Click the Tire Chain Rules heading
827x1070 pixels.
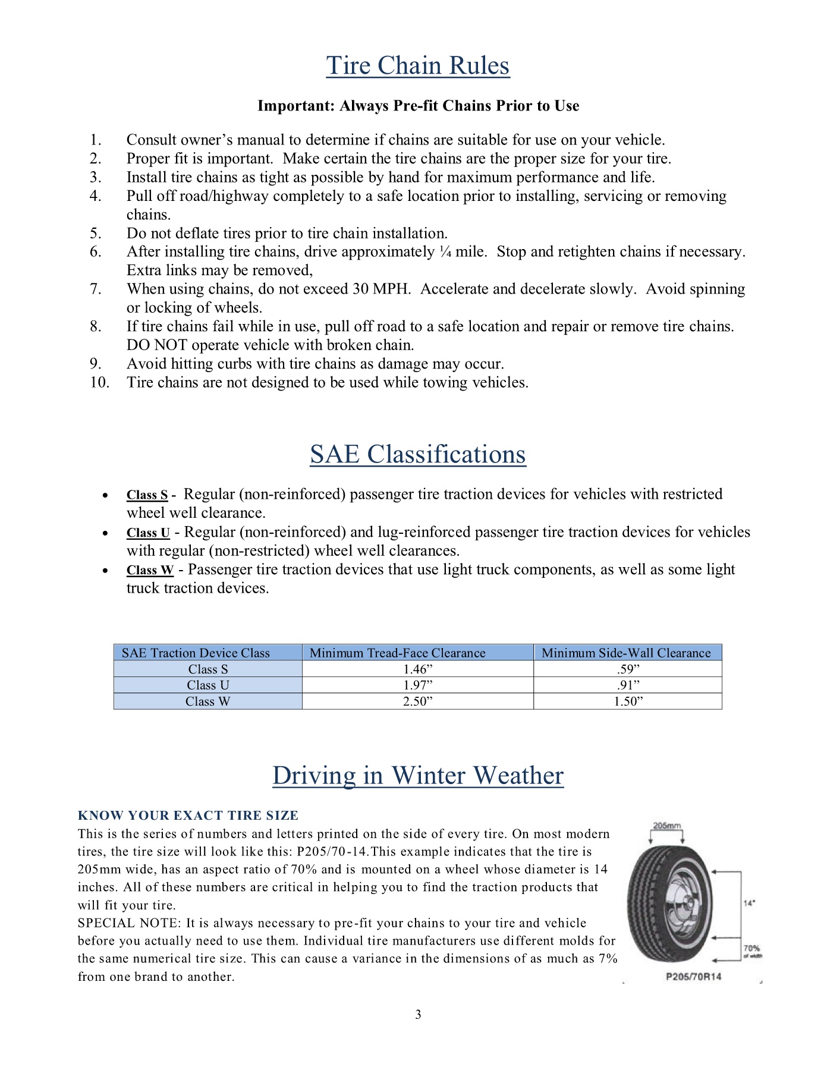pos(417,66)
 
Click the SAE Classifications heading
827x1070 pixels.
pos(417,455)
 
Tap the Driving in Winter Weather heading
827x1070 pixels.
pos(417,776)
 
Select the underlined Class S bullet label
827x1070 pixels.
pos(147,495)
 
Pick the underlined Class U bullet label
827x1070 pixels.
pos(148,533)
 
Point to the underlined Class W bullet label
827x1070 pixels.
pos(150,570)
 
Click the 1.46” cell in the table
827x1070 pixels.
pos(417,669)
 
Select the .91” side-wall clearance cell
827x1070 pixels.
pos(628,685)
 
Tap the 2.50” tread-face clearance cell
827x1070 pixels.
pos(417,701)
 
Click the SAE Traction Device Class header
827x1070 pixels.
pos(196,653)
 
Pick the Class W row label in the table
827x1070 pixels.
pos(207,701)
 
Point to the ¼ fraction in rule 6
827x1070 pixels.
pos(445,252)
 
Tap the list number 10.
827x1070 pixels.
pos(100,382)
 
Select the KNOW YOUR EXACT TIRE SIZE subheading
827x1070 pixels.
pos(188,816)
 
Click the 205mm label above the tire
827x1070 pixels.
pos(666,826)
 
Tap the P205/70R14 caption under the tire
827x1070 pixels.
pos(693,977)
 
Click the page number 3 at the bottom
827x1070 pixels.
pos(418,1015)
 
